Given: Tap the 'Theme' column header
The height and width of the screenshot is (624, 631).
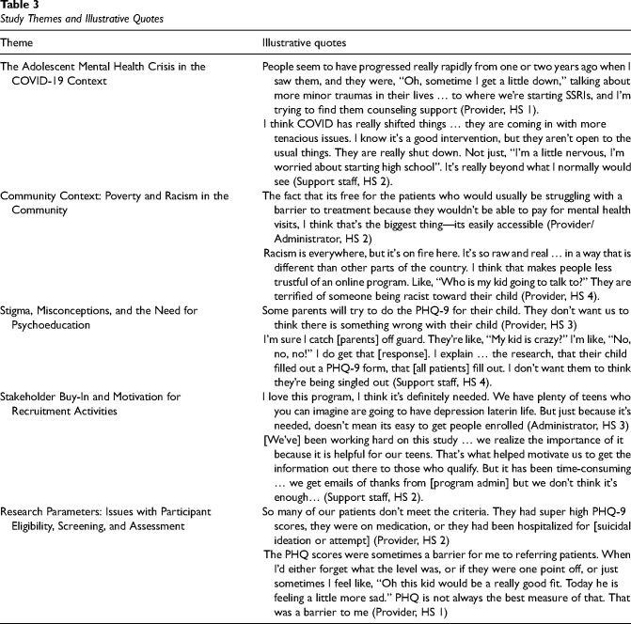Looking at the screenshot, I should [x=18, y=44].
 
